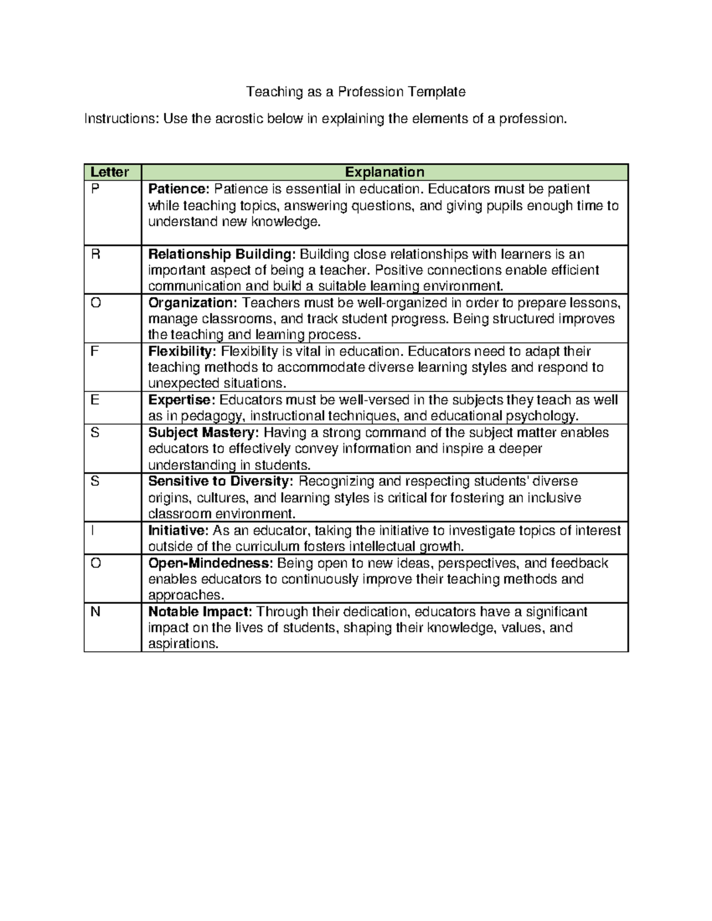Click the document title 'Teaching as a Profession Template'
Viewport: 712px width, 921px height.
355,92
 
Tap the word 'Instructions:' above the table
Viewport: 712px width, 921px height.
122,119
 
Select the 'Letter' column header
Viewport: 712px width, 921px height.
109,172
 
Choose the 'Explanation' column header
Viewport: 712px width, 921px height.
384,172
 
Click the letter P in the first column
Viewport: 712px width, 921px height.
95,189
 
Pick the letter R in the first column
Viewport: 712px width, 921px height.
96,254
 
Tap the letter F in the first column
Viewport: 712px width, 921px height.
94,351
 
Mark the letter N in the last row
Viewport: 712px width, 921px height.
95,611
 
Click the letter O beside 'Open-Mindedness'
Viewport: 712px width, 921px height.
96,563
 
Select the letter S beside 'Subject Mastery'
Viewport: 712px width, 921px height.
95,433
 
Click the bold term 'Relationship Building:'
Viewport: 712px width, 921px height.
222,254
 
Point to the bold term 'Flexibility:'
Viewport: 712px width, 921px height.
182,351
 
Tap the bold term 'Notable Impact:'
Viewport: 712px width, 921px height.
201,611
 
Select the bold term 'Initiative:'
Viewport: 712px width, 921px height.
178,530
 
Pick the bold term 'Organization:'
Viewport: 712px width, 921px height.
192,303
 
